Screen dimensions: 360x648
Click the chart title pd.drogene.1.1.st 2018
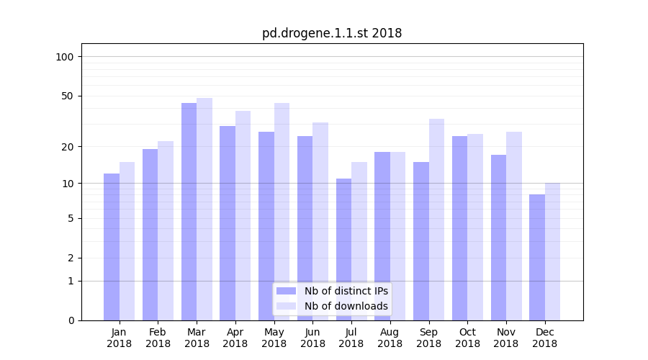pos(332,33)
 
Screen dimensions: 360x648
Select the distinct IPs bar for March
pos(189,212)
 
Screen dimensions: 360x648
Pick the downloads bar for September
pos(436,220)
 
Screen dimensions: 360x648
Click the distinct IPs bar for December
pos(537,257)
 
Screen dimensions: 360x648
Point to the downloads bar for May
pos(282,212)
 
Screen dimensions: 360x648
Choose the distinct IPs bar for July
pos(343,249)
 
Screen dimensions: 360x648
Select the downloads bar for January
pos(127,241)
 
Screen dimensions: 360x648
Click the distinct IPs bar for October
pos(459,228)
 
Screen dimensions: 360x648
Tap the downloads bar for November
pos(514,226)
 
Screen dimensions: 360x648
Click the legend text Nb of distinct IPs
pos(346,291)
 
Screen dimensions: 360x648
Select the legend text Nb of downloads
pos(346,306)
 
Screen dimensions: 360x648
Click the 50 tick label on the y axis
pos(68,96)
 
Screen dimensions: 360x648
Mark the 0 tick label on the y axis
pos(71,320)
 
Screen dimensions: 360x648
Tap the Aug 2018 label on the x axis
pos(390,338)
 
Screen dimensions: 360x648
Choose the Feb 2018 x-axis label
pos(158,338)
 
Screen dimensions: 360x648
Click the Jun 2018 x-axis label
pos(312,338)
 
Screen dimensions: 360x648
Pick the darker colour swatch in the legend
pos(286,291)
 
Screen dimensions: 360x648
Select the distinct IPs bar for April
pos(228,223)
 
